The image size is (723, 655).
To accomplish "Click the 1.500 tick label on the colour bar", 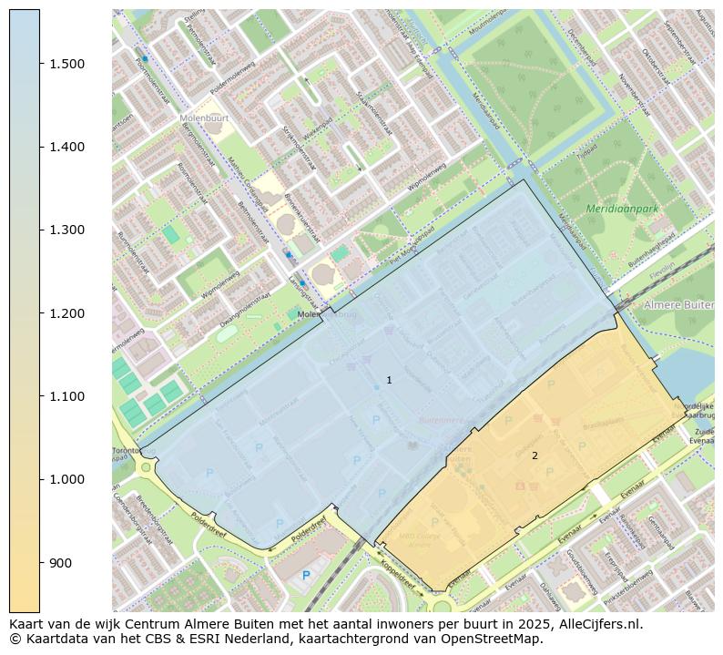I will pos(66,64).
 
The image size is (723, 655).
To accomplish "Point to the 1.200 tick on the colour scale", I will pos(66,313).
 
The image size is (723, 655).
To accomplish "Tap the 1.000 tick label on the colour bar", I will pos(66,479).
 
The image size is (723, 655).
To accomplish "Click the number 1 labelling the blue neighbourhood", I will pos(389,380).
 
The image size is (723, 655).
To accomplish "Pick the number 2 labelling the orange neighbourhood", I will pos(535,455).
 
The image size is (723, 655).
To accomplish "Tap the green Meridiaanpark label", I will pos(622,209).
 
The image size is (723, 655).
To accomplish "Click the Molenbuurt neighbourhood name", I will pos(205,118).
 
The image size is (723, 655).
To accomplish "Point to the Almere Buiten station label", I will pos(678,304).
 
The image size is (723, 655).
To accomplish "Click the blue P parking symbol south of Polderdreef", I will pos(306,575).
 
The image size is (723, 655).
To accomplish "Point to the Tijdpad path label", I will pos(588,146).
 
